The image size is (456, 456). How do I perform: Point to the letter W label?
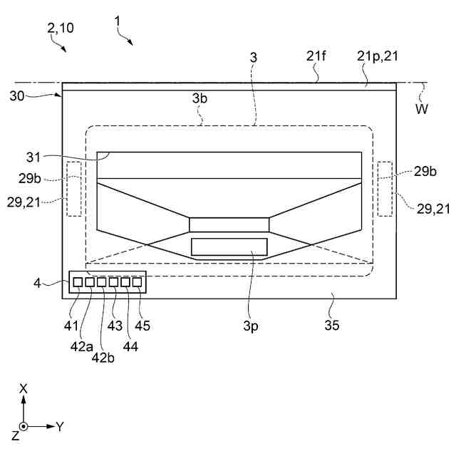(423, 110)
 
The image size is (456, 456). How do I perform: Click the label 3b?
(200, 99)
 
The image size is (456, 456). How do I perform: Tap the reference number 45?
(142, 326)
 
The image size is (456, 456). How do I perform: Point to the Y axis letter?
(61, 426)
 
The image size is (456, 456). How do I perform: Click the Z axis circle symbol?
(24, 427)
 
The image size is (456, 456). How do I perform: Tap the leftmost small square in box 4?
(78, 283)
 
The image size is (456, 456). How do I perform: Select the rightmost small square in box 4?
(137, 283)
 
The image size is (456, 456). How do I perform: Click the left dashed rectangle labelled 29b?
(74, 188)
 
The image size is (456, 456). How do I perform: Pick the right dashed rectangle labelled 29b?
(385, 188)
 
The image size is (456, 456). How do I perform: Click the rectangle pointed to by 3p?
(229, 247)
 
